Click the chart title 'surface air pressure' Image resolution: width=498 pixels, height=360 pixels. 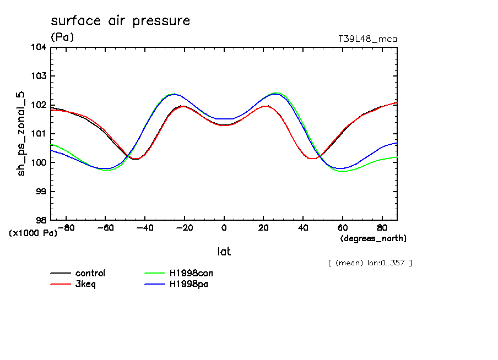click(x=120, y=21)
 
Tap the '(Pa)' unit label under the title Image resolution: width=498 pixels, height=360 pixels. click(x=62, y=37)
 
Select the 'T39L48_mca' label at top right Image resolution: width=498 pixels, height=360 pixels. click(x=367, y=39)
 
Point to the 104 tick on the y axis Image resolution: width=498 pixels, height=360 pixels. click(x=39, y=47)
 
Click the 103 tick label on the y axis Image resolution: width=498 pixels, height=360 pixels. click(x=39, y=76)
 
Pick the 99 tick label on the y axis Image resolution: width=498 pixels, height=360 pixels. click(x=41, y=192)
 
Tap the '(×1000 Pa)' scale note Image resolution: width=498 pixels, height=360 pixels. click(x=33, y=233)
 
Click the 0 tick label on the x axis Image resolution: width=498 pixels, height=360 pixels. click(x=224, y=227)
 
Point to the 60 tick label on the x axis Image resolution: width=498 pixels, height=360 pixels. click(x=343, y=227)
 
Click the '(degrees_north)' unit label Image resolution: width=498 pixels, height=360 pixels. click(x=373, y=238)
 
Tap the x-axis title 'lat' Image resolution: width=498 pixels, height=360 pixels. click(x=224, y=252)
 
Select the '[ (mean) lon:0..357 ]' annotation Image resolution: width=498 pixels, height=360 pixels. click(x=370, y=263)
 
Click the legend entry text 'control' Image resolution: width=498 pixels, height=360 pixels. click(x=90, y=273)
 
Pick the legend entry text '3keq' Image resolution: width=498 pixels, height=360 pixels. click(x=85, y=284)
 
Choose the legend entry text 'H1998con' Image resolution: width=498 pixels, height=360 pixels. click(x=191, y=273)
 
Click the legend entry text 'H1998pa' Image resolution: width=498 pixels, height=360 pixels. click(x=188, y=284)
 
